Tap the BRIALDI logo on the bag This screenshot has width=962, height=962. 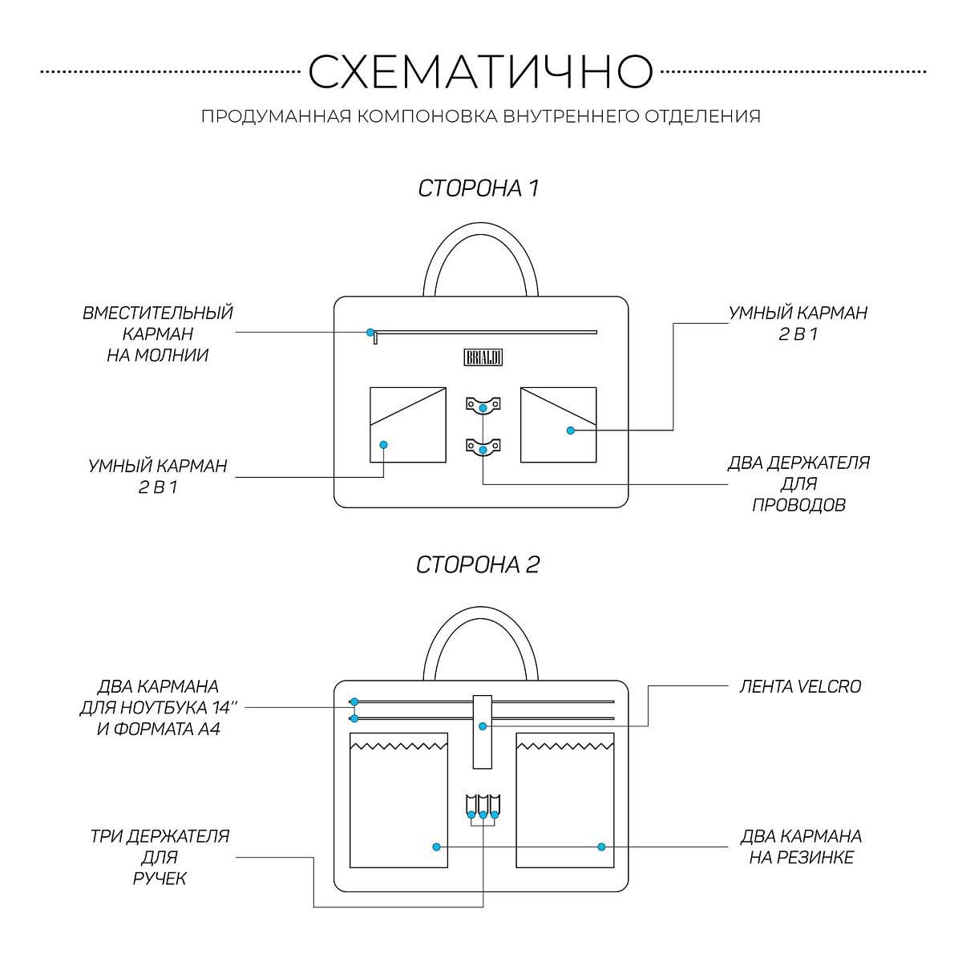483,358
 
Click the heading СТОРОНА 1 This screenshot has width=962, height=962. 479,188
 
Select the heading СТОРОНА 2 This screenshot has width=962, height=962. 478,564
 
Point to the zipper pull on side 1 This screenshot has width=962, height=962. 374,339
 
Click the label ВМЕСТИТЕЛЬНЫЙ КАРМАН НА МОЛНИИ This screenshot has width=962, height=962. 158,333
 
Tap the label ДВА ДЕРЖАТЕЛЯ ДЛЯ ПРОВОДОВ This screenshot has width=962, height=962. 798,484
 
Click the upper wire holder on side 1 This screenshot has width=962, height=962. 483,405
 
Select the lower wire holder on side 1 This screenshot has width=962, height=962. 483,446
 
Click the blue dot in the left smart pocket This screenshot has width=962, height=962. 383,444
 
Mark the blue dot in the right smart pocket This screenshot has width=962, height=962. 571,430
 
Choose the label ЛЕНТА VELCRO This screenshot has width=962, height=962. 799,687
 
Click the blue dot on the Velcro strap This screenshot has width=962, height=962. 483,726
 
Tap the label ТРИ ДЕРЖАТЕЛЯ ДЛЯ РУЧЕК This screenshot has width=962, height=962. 160,857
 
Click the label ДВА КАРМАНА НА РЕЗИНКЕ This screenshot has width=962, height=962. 801,847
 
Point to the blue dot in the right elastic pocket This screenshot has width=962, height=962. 601,847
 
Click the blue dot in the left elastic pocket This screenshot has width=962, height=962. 436,847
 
